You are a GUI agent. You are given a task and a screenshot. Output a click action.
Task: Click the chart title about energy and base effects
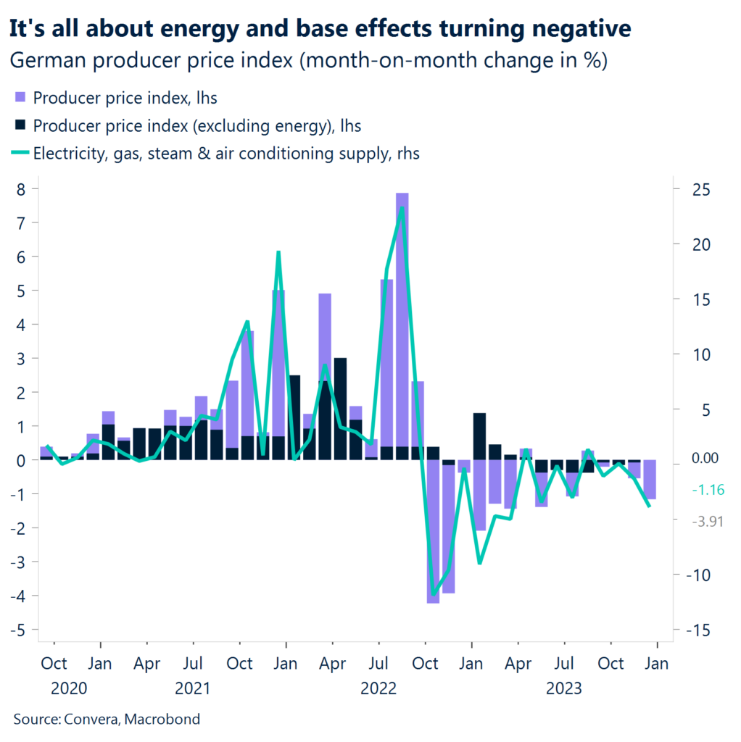pos(320,28)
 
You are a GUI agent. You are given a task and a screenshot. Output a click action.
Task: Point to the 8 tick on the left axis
pos(23,189)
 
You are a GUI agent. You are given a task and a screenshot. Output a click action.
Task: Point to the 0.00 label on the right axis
pos(705,458)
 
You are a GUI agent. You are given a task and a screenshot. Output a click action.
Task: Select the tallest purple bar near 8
pos(402,326)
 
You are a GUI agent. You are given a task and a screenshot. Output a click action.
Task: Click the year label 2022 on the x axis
pos(378,688)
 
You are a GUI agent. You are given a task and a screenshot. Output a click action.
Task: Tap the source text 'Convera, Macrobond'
pos(107,719)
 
